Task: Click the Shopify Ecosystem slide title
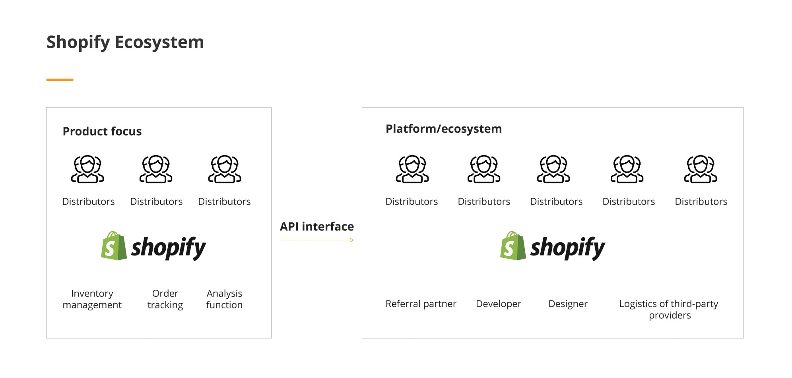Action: [125, 42]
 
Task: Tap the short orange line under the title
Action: [60, 80]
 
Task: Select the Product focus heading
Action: [102, 131]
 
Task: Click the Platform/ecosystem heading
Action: [444, 129]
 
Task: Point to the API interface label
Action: [317, 226]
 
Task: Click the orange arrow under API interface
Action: [317, 240]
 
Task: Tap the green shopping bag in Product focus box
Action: [114, 246]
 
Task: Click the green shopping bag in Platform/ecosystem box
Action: [513, 246]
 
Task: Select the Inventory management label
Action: [92, 299]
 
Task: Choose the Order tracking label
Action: [165, 299]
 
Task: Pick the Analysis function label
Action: [224, 299]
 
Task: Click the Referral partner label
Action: [421, 304]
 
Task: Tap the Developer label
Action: [498, 304]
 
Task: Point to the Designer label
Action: [568, 304]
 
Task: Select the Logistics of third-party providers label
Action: [669, 310]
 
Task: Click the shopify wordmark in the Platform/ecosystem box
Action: [568, 247]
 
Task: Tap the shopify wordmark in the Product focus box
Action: [169, 247]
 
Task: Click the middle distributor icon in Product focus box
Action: [156, 169]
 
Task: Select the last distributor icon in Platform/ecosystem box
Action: [701, 169]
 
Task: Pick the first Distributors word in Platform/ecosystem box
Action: [412, 202]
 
